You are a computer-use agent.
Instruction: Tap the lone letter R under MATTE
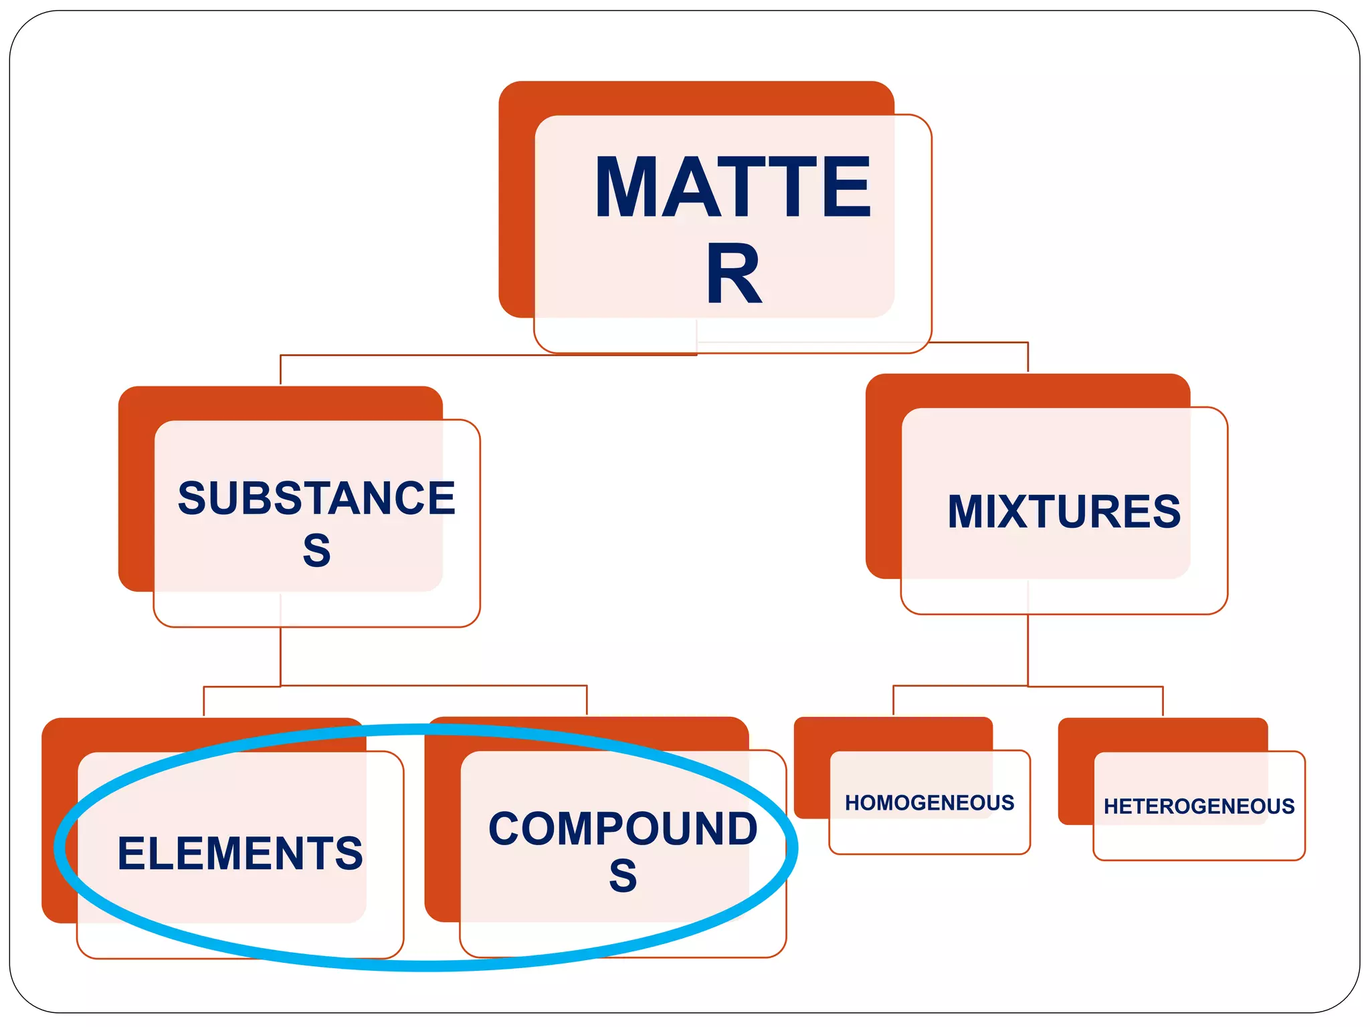pyautogui.click(x=734, y=273)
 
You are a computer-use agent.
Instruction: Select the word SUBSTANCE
pyautogui.click(x=316, y=498)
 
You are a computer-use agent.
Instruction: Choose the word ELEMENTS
pyautogui.click(x=240, y=854)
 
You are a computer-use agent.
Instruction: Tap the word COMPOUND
pyautogui.click(x=623, y=828)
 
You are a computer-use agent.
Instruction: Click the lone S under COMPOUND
pyautogui.click(x=623, y=876)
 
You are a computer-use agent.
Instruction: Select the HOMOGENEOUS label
pyautogui.click(x=929, y=802)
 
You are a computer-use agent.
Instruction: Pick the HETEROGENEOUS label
pyautogui.click(x=1199, y=806)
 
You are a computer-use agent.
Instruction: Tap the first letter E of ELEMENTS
pyautogui.click(x=130, y=854)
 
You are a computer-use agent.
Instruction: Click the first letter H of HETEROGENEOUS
pyautogui.click(x=1110, y=806)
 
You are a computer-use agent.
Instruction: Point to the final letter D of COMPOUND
pyautogui.click(x=741, y=828)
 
